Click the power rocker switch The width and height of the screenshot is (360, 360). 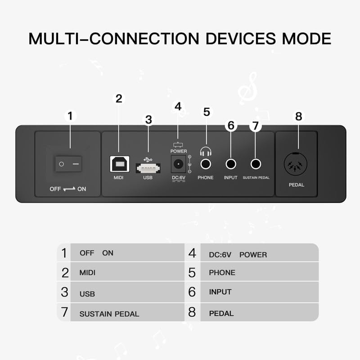(69, 164)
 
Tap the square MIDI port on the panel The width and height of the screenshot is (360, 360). (119, 164)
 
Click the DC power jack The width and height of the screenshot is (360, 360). (178, 164)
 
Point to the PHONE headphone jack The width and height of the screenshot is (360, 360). (207, 164)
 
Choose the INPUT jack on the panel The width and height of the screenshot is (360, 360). (231, 164)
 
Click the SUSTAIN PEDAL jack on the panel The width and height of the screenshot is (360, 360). (256, 164)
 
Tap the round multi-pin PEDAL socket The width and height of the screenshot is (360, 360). (296, 164)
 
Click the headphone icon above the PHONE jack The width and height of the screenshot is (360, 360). (206, 152)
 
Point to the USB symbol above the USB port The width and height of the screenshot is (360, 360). (148, 159)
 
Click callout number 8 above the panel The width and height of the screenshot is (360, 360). (298, 116)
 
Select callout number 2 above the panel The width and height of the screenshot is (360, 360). (119, 98)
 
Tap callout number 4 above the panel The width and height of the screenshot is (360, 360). (178, 107)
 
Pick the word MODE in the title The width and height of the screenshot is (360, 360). (306, 38)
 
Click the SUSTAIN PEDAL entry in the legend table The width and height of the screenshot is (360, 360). (109, 314)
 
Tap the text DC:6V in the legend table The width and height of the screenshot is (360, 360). (220, 255)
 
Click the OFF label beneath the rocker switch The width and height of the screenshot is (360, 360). (55, 189)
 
